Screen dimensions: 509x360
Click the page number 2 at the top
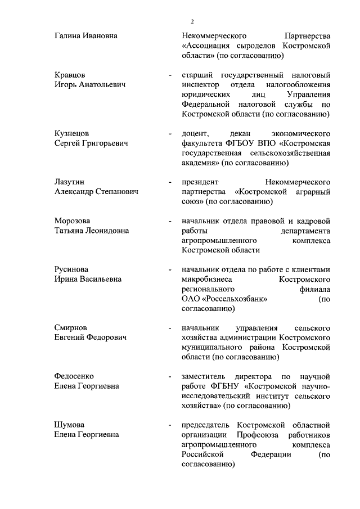coord(192,21)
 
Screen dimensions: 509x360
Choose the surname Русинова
coord(71,269)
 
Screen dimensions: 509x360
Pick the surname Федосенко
coord(74,376)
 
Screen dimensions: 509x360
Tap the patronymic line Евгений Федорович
coord(90,337)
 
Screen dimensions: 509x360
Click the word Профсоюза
coord(251,434)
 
